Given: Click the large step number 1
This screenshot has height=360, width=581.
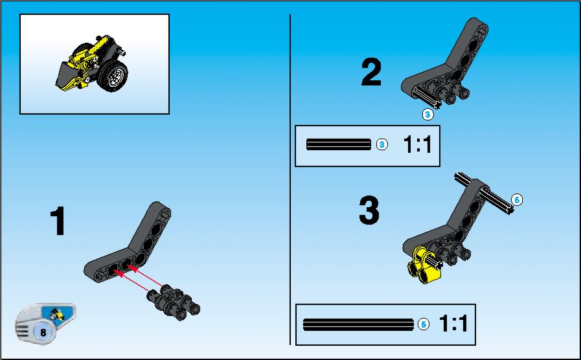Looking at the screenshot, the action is (x=58, y=221).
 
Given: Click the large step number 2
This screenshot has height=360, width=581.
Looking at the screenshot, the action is (x=371, y=72).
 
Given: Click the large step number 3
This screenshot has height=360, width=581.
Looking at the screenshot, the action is (x=369, y=210).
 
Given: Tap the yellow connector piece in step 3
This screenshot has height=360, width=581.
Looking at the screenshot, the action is (x=424, y=265).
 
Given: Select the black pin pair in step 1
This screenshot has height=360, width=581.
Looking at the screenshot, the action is (x=174, y=302).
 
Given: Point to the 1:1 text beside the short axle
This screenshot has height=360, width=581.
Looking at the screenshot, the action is (x=417, y=144).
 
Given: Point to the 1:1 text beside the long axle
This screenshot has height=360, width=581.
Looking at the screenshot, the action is (x=453, y=323).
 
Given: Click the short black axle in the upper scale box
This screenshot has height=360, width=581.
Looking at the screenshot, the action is (x=339, y=144).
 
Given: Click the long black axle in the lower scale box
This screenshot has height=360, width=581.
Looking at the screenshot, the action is (x=358, y=324).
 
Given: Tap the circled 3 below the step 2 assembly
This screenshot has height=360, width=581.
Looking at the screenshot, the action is (x=427, y=115).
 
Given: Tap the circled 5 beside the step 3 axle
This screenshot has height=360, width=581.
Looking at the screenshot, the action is (x=517, y=200).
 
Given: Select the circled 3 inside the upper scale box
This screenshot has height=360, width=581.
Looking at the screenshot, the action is (x=382, y=144).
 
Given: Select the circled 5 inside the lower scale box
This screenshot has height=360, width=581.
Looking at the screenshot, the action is (x=424, y=324).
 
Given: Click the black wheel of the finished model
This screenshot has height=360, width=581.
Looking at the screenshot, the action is (x=114, y=76).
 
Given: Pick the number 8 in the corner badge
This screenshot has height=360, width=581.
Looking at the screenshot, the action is (x=43, y=332).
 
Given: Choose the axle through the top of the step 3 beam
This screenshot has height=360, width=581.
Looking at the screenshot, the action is (x=484, y=194).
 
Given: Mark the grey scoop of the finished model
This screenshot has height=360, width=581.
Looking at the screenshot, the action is (x=67, y=75).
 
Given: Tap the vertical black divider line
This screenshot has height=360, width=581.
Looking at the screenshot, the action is (x=290, y=179).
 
